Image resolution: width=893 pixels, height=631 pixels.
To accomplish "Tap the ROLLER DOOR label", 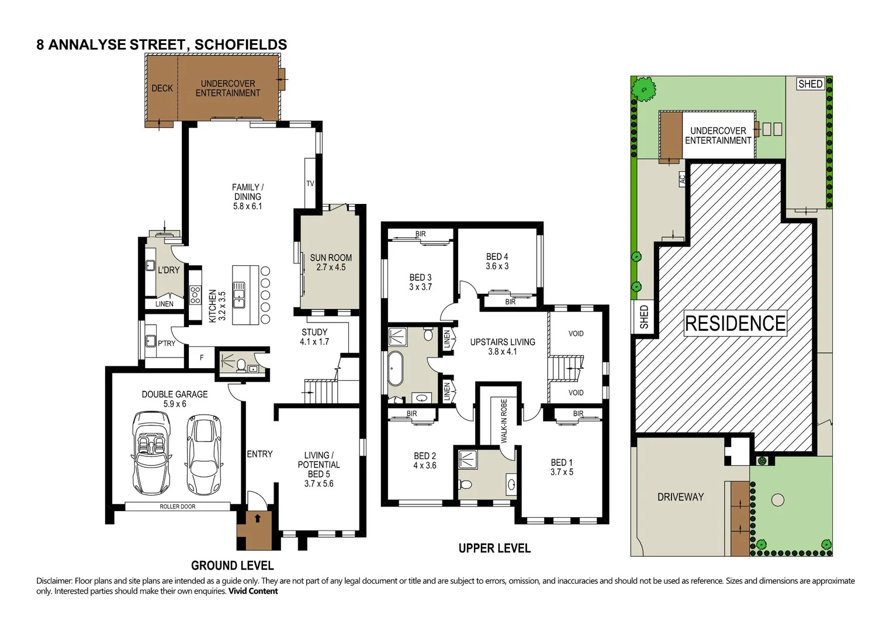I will point(178,507).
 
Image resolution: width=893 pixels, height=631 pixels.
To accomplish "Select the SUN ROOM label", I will point(331,262).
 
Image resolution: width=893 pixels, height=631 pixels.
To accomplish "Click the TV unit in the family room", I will point(310,183).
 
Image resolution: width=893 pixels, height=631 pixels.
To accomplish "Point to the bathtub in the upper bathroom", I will point(395,369).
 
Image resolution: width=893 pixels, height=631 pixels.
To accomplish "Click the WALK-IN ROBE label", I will point(504,421).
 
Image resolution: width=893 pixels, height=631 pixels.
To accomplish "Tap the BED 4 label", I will point(497,261).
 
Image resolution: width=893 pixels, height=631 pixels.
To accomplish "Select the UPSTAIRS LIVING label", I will point(503,346).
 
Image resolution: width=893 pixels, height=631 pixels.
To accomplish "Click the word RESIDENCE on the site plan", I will point(735,323).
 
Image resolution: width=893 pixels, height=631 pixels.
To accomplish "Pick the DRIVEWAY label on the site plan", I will point(680,497).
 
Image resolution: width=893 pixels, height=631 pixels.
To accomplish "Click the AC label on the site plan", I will point(682,179).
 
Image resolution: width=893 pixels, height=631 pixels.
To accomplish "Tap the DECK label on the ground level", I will point(162,88).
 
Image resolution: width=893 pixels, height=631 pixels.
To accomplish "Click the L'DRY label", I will point(168,270).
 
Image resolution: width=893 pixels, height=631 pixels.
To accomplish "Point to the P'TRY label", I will point(166,344).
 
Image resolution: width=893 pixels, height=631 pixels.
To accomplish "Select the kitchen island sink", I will point(238,294).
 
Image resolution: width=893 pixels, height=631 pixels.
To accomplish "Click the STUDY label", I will point(314,337).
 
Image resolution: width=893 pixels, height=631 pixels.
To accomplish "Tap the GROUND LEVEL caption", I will point(232,566).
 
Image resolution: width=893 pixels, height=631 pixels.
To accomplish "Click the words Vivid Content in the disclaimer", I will point(253,591).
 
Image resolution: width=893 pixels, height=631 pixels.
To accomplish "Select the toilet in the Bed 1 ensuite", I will point(466,484).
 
